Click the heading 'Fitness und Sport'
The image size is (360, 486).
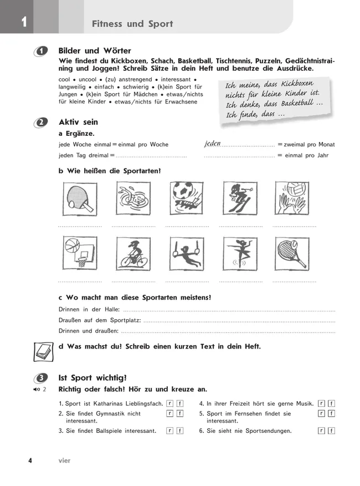(132, 24)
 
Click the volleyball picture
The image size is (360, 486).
(294, 198)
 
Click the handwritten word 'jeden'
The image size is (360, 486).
(212, 144)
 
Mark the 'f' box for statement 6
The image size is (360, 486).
(331, 431)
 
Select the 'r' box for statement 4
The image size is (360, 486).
(321, 403)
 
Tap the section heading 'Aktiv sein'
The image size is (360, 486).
(78, 122)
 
